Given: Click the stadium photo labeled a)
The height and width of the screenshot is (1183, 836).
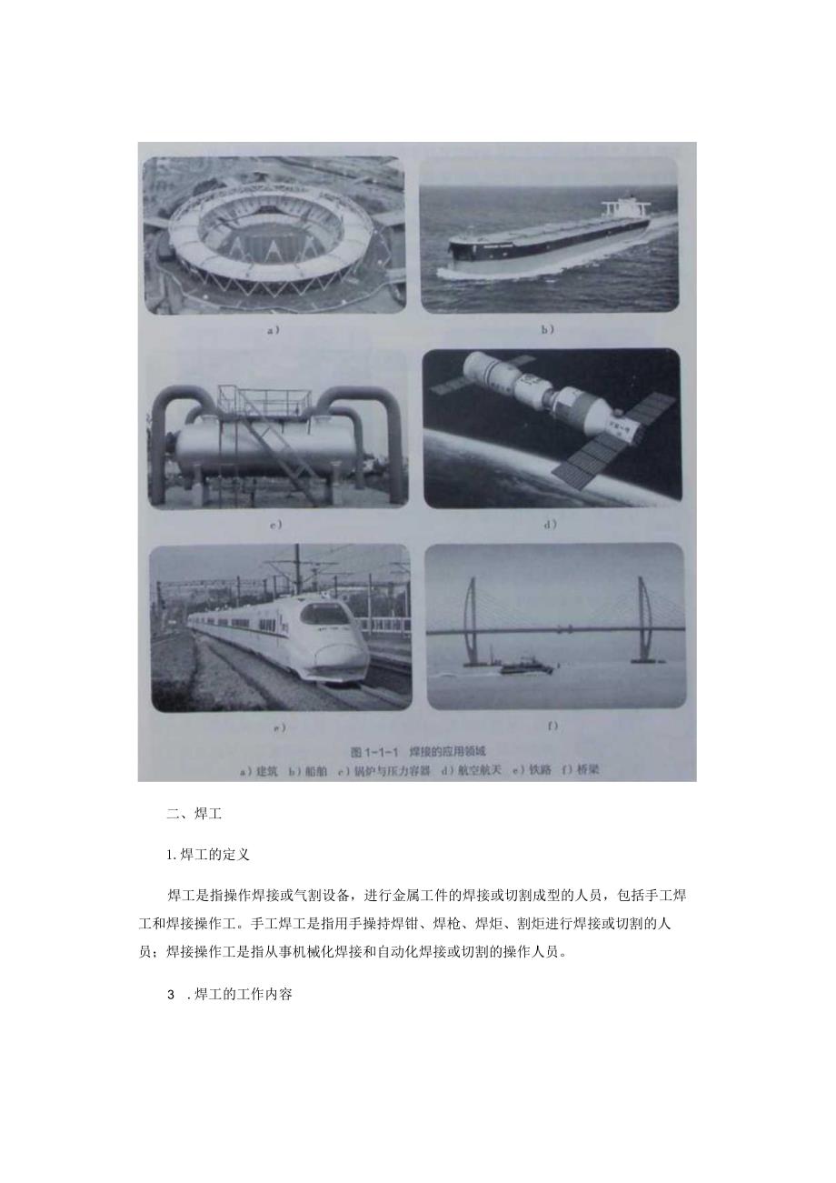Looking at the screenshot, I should (273, 235).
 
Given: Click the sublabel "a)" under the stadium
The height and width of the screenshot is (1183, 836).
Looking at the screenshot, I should (273, 330).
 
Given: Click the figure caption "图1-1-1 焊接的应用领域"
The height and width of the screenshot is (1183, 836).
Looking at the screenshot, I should (419, 751).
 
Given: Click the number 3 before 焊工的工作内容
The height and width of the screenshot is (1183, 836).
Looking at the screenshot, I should (170, 995).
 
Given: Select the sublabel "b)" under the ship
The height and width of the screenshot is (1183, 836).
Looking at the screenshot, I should (547, 330).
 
